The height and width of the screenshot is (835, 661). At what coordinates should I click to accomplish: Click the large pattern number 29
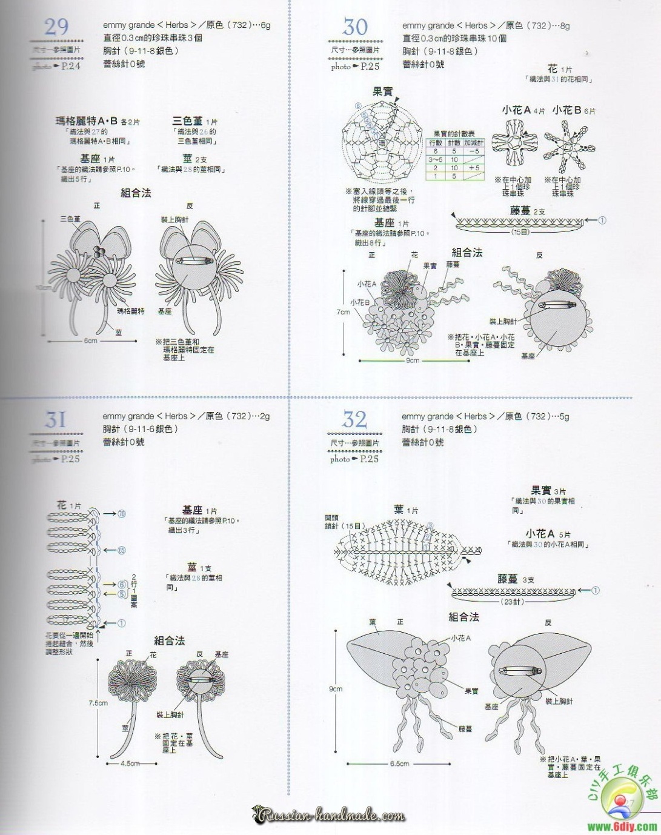(x=56, y=27)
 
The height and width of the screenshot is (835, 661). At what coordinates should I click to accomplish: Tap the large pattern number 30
(x=355, y=27)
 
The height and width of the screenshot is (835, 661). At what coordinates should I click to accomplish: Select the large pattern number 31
(x=56, y=419)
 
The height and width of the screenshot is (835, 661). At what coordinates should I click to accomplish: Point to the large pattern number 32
(x=354, y=419)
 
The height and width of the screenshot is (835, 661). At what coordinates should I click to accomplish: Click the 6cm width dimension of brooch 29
(x=90, y=341)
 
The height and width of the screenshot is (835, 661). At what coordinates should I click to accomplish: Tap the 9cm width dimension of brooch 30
(x=413, y=361)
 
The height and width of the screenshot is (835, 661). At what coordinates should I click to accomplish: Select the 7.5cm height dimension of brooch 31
(x=98, y=703)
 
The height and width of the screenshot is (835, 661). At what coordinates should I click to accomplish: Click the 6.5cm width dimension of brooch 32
(x=399, y=764)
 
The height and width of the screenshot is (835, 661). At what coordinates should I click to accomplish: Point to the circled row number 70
(x=121, y=514)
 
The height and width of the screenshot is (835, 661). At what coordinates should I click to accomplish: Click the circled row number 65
(x=121, y=550)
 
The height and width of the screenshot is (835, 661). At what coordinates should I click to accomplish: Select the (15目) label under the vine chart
(x=520, y=231)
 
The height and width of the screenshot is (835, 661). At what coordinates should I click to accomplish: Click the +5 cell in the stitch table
(x=474, y=168)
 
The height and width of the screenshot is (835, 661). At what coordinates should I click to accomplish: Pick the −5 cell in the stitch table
(x=474, y=151)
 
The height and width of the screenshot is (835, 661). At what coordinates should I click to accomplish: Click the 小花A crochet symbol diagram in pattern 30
(x=514, y=143)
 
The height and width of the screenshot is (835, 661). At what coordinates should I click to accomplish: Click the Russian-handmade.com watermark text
(x=330, y=816)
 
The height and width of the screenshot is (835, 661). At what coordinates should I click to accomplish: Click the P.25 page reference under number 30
(x=370, y=67)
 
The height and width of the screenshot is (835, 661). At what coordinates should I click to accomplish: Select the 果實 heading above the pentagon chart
(x=382, y=91)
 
